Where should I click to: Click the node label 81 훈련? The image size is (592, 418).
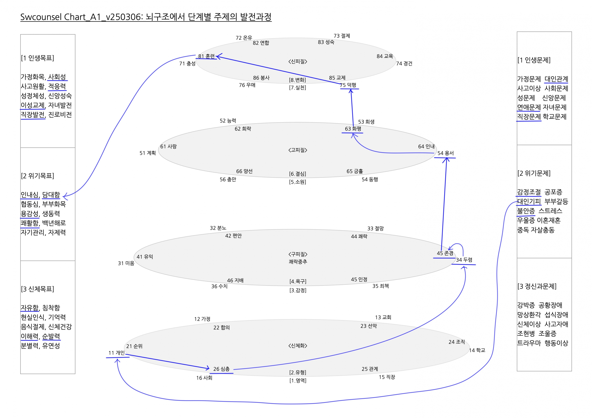pos(206,56)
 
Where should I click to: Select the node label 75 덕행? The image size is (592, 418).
pos(348,85)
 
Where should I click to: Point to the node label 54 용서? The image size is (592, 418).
pos(445,153)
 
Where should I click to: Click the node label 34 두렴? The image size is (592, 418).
pos(464,260)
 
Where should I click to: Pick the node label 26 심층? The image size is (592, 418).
pos(221,369)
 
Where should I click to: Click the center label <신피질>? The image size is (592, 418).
pos(298,62)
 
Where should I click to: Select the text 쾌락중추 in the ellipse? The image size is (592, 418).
pos(298,262)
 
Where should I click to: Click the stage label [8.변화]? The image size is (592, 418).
pos(297,80)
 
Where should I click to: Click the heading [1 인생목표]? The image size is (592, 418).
pos(37,58)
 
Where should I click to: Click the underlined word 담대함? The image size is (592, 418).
pos(51,195)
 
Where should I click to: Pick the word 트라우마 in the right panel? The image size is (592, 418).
pos(529,343)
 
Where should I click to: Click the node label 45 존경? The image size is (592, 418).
pos(445,253)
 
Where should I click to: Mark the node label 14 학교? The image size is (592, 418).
pos(477,350)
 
